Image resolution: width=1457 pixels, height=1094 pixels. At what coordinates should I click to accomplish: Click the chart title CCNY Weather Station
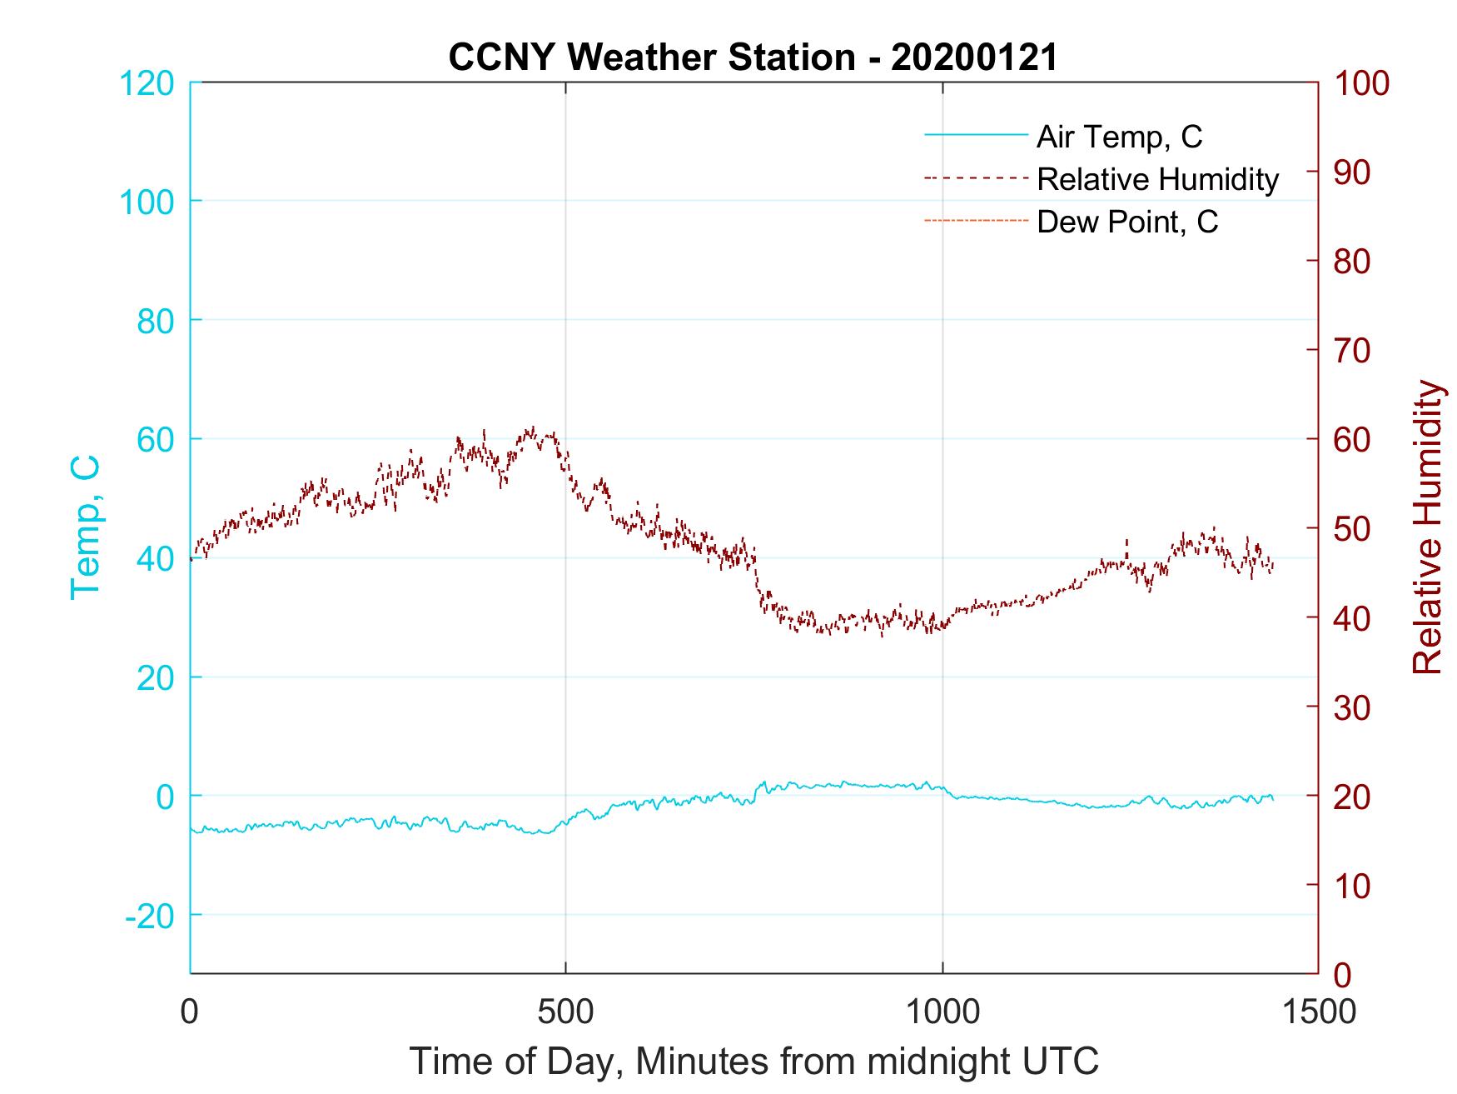click(x=753, y=57)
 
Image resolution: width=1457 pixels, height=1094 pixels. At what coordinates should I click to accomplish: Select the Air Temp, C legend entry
click(x=1119, y=137)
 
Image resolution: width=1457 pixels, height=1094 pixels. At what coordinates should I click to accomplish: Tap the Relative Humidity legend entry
click(x=1157, y=179)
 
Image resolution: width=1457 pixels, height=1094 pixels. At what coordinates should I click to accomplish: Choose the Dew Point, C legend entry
click(x=1127, y=222)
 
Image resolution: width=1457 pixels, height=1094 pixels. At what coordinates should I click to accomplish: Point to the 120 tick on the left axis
click(x=147, y=83)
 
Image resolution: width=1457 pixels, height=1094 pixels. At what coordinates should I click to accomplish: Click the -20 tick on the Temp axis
click(x=149, y=916)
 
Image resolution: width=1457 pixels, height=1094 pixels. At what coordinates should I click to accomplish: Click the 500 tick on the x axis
click(x=565, y=1012)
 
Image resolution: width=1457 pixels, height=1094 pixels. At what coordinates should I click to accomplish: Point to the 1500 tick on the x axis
click(x=1318, y=1012)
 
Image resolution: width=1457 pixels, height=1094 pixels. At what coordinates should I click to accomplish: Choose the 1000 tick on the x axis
click(x=942, y=1012)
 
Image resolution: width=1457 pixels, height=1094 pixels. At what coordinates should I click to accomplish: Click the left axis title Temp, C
click(x=86, y=527)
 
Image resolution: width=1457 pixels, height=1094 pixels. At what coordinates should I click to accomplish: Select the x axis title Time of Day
click(x=753, y=1062)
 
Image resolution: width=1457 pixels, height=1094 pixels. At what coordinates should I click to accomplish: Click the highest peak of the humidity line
click(x=530, y=428)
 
